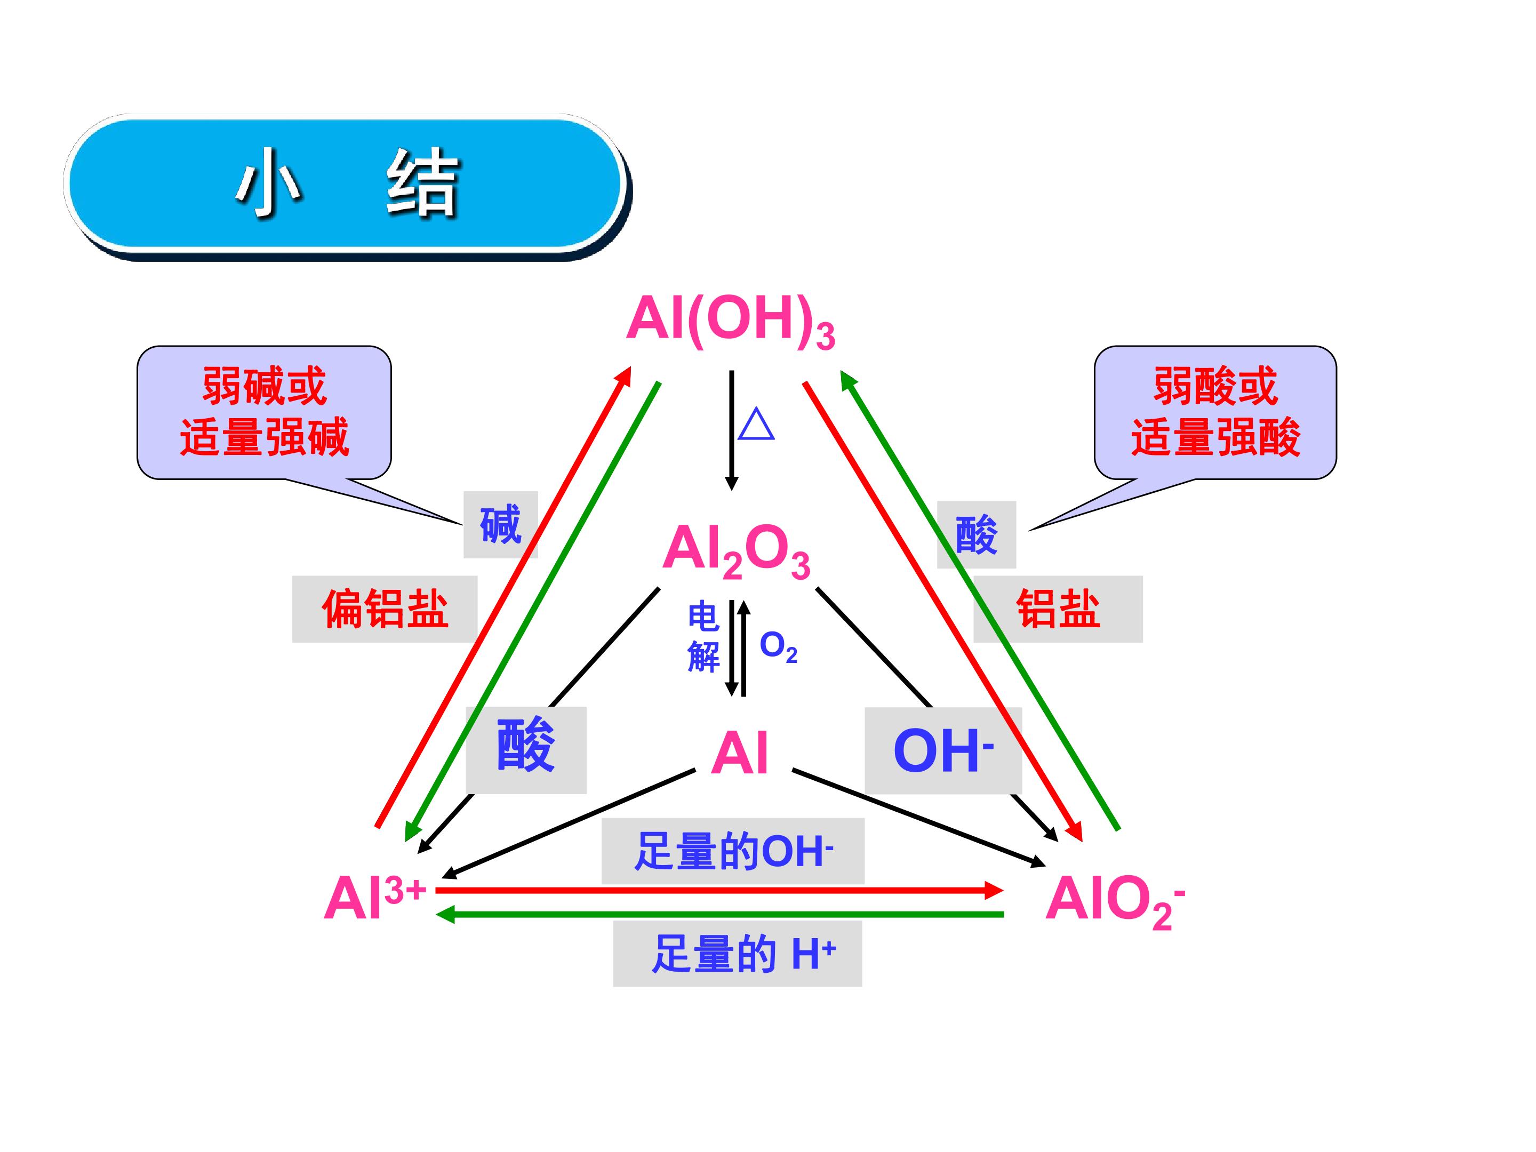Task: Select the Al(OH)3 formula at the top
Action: tap(731, 322)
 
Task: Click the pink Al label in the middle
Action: tap(740, 754)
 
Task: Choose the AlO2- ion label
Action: tap(1115, 901)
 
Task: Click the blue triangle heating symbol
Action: tap(756, 425)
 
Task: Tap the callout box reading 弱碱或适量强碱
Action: tap(265, 412)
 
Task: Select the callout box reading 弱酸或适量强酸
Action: tap(1215, 412)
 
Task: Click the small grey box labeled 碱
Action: tap(501, 525)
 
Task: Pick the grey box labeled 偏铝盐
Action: tap(385, 609)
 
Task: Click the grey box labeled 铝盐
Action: tap(1058, 609)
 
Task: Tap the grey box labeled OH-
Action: tap(943, 750)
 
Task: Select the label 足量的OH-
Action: tap(733, 851)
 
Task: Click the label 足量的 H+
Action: tap(738, 954)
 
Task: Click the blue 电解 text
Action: tap(703, 637)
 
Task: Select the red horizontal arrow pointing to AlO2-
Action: tap(719, 890)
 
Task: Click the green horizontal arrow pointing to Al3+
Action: tap(719, 915)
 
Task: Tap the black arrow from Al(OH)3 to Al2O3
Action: tap(731, 430)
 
